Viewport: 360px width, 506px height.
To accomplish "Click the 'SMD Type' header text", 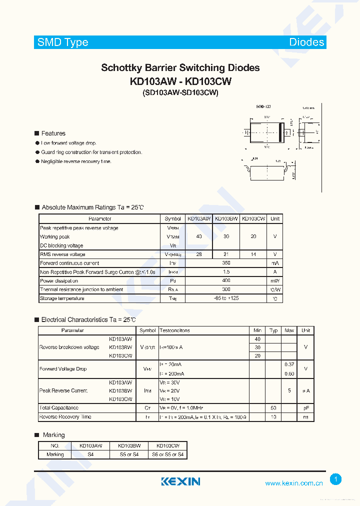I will click(62, 42).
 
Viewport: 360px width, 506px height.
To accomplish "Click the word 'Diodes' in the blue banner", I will click(306, 42).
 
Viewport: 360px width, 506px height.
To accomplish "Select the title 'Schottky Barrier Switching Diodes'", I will click(180, 68).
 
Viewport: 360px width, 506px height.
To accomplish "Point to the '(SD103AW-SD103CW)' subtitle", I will click(180, 92).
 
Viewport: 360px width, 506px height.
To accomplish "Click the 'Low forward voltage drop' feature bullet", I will click(68, 143).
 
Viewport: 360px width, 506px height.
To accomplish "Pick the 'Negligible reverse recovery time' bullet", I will click(76, 161).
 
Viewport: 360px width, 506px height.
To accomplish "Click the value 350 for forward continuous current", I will click(226, 263).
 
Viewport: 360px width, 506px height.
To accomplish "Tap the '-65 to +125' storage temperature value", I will click(226, 298).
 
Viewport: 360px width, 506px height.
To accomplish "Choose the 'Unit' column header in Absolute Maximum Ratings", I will click(275, 219).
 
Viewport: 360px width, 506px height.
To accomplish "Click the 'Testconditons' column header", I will click(174, 330).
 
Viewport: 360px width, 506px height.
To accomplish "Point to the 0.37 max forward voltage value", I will click(289, 364).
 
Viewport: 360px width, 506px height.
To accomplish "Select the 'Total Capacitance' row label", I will click(59, 408).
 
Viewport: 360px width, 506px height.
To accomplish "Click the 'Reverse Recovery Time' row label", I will click(65, 417).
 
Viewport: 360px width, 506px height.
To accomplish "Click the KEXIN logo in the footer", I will click(180, 481).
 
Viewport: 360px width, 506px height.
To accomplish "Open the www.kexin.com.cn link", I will click(293, 483).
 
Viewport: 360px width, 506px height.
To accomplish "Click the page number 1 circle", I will click(336, 479).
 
